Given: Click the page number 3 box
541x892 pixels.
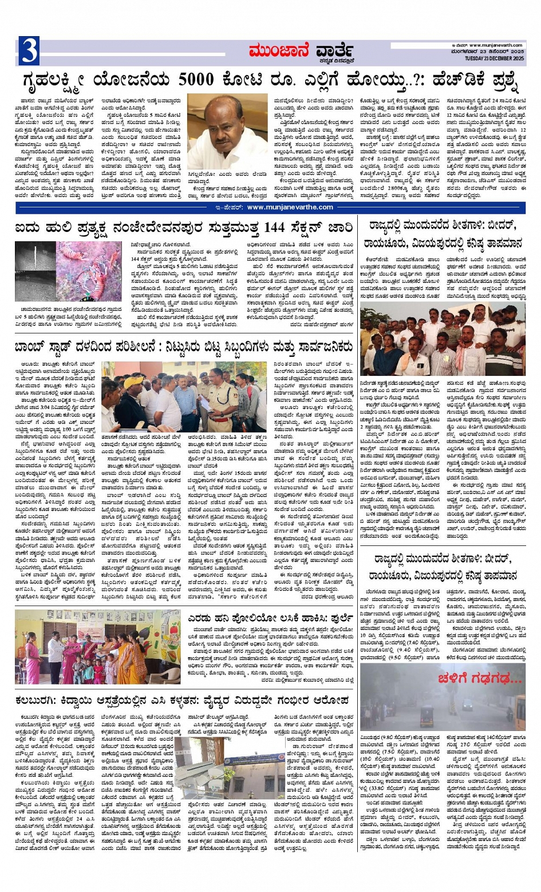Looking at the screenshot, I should (x=29, y=50).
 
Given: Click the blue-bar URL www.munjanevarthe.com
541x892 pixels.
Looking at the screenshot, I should (x=290, y=207).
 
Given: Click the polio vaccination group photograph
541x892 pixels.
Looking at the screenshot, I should (x=97, y=646).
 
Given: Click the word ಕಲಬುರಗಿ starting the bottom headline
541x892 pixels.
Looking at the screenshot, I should (x=39, y=700).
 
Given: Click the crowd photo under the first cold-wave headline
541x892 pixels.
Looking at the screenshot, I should (x=442, y=340).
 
